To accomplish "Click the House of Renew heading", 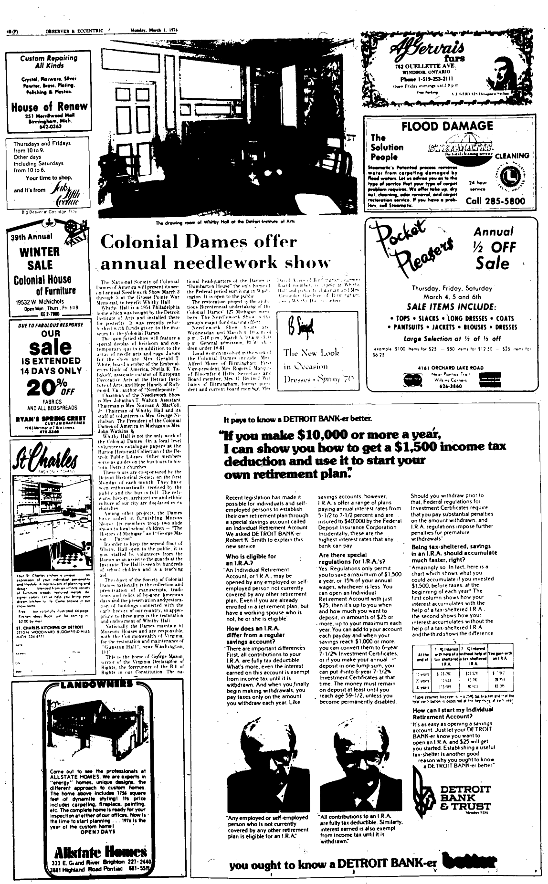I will [x=50, y=106].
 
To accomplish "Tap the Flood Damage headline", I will [x=447, y=126].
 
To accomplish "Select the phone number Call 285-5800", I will [x=495, y=200].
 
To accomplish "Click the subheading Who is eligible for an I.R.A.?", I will [x=251, y=559].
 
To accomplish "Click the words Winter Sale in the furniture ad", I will [x=40, y=258].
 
